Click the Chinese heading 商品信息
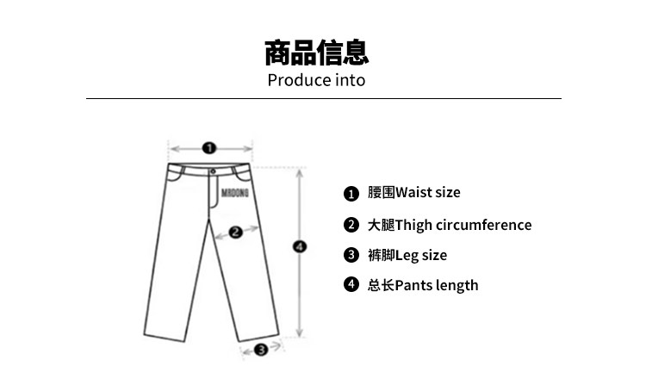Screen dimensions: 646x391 316,53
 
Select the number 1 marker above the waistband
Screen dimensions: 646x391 208,147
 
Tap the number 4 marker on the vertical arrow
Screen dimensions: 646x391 300,247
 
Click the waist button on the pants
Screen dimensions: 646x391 213,171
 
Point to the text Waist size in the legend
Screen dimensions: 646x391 427,193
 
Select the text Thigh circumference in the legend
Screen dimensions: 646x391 463,226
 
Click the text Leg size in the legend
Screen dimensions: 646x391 421,255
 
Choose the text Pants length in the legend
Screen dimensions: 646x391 437,285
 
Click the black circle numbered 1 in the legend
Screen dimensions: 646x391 351,194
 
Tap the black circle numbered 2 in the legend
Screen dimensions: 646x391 351,225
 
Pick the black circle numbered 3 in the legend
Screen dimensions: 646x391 351,255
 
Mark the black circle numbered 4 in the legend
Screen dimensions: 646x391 351,284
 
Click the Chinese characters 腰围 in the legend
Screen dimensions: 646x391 381,193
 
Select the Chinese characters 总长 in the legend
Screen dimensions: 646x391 381,285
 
